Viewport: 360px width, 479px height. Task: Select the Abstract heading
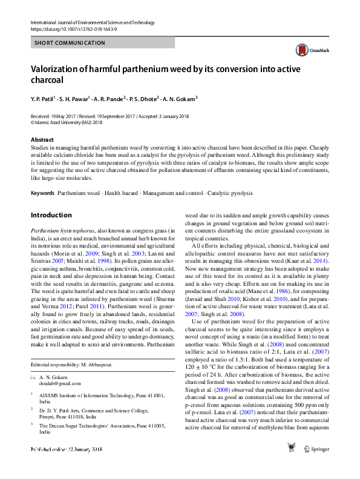[x=42, y=139]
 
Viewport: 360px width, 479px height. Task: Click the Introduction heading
[x=51, y=215]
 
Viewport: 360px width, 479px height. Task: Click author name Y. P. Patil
[x=42, y=98]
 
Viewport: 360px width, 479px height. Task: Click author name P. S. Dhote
[x=143, y=98]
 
